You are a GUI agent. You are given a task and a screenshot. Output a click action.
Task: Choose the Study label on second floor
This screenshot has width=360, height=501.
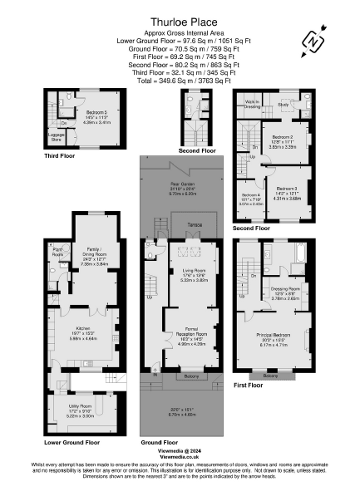[x=283, y=105]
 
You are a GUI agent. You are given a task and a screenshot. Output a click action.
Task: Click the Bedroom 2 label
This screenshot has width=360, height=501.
[x=282, y=136]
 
